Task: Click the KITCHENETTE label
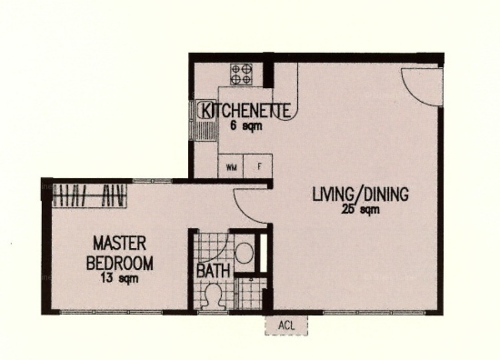click(246, 111)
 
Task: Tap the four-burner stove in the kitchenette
click(242, 74)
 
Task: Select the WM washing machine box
click(231, 166)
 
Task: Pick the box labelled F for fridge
click(258, 166)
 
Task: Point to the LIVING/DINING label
click(361, 194)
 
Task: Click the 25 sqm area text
click(361, 209)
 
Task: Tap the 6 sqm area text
click(246, 126)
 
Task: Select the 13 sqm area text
click(119, 278)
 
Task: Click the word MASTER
click(119, 243)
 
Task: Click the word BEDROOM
click(119, 263)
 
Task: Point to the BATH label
click(213, 271)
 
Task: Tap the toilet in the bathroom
click(213, 296)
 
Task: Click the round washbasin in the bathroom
click(244, 253)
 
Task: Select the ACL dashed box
click(286, 325)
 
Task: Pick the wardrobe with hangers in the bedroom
click(89, 195)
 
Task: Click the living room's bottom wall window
click(374, 313)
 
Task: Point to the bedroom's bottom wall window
click(111, 312)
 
